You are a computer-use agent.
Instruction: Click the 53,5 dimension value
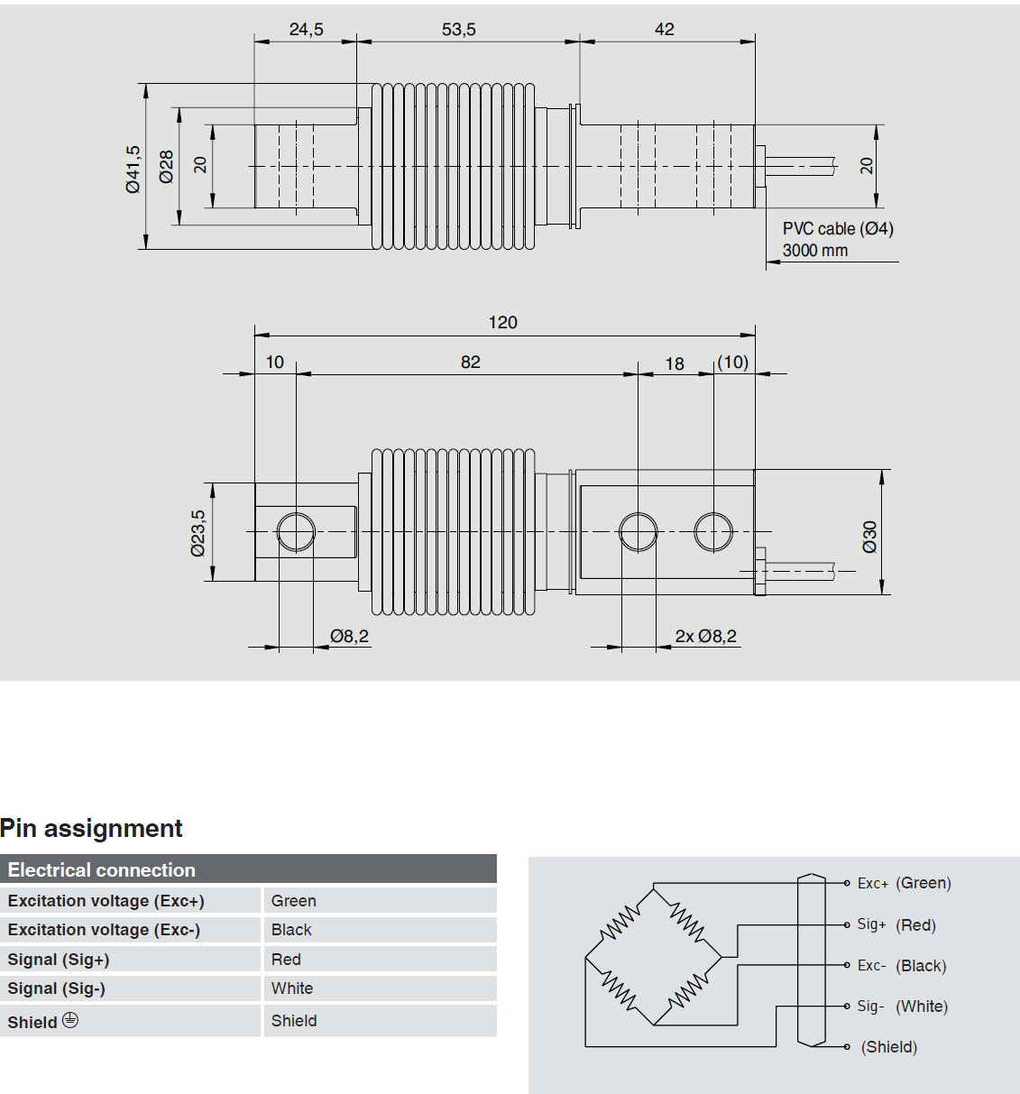tap(458, 30)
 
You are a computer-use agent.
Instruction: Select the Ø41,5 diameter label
tap(133, 169)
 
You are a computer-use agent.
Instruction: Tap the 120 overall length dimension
tap(502, 323)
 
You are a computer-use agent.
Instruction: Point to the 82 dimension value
tap(471, 363)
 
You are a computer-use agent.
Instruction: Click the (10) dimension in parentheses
tap(733, 363)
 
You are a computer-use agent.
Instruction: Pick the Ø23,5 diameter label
tap(198, 533)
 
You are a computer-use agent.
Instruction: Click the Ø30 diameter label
tap(869, 536)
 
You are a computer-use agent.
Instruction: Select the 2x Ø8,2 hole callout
tap(706, 637)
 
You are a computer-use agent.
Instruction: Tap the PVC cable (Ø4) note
tap(838, 229)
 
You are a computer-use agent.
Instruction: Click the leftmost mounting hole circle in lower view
tap(296, 532)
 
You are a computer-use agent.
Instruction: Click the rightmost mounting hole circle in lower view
tap(713, 532)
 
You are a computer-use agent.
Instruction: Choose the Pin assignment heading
tap(91, 828)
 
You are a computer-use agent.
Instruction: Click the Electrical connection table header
tap(102, 870)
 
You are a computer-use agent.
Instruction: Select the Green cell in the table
tap(294, 901)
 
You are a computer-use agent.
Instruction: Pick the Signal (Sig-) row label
tap(57, 988)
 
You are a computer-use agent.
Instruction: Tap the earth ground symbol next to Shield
tap(70, 1020)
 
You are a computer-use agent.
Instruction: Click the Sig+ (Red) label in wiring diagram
tap(896, 924)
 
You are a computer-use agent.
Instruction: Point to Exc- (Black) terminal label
tap(902, 966)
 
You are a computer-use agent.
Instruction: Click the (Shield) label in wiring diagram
tap(889, 1047)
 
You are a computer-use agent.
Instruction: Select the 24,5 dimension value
tap(306, 30)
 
